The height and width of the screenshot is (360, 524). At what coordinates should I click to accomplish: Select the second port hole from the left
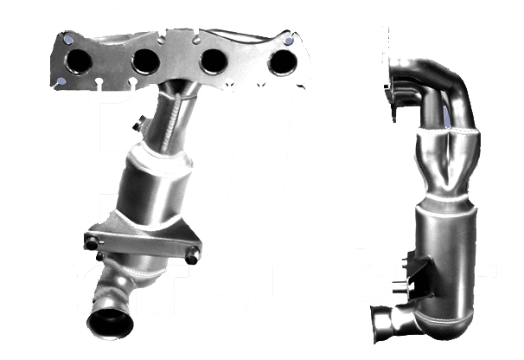pos(145,61)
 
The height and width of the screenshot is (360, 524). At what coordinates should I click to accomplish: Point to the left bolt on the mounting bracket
pos(92,242)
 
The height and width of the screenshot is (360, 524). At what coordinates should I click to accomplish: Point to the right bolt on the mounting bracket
pos(192,255)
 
